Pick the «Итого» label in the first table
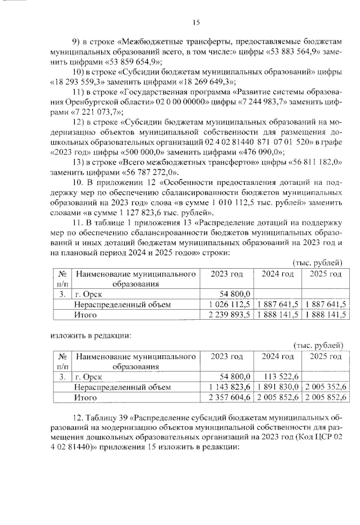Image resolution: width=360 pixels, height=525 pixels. pos(85,315)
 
